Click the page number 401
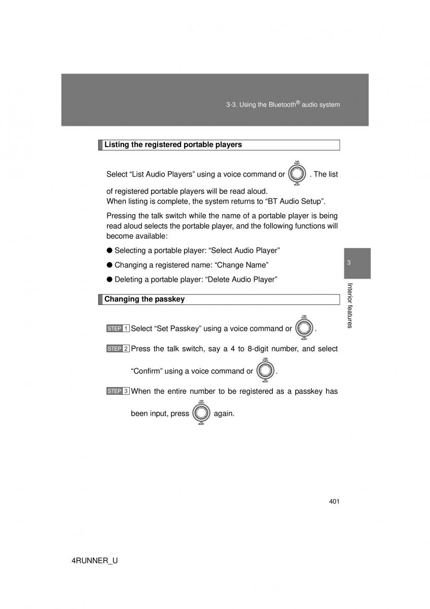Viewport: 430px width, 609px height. (334, 502)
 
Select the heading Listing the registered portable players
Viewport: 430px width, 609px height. (173, 145)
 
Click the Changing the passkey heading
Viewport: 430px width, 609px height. (145, 299)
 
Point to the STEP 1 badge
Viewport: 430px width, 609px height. (118, 329)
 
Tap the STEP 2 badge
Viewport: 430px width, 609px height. (118, 349)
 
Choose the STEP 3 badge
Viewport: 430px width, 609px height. (118, 391)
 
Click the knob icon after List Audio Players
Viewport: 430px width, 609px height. (297, 174)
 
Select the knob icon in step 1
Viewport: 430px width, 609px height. (304, 328)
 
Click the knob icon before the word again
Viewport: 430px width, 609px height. (201, 413)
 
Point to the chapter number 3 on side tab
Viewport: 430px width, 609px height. (349, 262)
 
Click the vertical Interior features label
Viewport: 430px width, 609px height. (349, 306)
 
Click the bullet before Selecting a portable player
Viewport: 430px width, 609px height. (110, 250)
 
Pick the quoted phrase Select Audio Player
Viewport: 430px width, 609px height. (245, 250)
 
